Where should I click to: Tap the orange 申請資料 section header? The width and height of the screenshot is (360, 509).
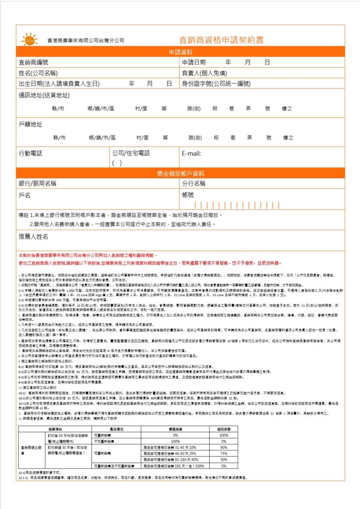(180, 52)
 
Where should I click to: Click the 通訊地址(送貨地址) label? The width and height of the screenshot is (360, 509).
(44, 95)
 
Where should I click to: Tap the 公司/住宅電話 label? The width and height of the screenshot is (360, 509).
(131, 153)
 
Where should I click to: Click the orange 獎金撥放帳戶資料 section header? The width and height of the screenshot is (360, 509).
(180, 173)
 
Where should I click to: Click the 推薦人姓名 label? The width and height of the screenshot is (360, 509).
(33, 237)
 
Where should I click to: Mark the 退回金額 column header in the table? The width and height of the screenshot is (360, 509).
(224, 428)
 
